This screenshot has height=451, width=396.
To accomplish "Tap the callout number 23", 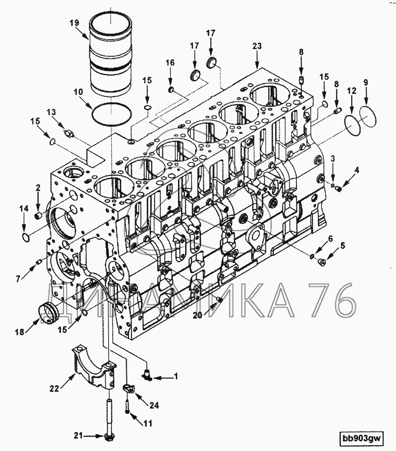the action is (257, 46).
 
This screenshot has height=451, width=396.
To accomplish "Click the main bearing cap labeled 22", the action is (95, 369).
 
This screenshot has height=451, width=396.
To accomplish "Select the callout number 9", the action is (366, 83).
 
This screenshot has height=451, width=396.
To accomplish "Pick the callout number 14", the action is (24, 209).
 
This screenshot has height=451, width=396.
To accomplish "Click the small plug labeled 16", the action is (171, 90).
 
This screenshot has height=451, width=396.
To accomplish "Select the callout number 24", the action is (154, 405).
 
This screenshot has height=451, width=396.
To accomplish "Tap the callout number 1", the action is (176, 377).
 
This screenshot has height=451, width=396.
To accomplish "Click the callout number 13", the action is (51, 112).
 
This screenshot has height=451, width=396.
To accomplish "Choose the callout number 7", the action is (18, 278).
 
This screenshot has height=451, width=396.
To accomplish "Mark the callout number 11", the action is (148, 423).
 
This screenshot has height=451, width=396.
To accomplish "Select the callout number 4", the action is (357, 170).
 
